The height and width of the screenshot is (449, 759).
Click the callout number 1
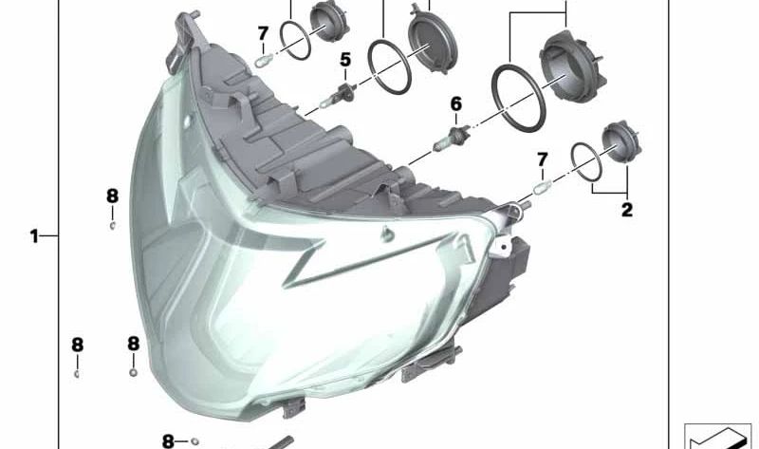click(34, 237)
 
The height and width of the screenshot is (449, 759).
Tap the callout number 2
click(627, 210)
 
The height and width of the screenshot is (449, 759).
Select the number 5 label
click(345, 60)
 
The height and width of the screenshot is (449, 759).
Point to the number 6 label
click(456, 104)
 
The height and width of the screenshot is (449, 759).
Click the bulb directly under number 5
click(338, 96)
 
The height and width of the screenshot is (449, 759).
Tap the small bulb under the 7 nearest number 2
click(542, 187)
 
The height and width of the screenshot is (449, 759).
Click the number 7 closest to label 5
click(263, 34)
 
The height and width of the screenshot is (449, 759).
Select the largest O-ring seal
click(518, 97)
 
